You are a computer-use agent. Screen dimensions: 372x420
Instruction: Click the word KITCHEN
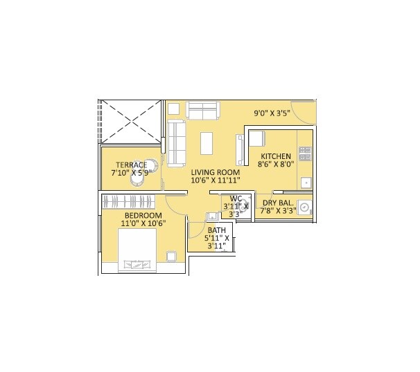[x=276, y=157]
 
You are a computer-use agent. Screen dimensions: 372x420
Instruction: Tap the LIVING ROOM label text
[x=216, y=172]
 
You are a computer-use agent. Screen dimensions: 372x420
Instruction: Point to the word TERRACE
[x=131, y=165]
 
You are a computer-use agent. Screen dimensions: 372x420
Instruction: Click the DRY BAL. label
[x=279, y=203]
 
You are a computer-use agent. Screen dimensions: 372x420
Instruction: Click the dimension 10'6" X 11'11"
[x=216, y=181]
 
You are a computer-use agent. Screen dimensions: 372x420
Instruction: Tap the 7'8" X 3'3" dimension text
[x=279, y=211]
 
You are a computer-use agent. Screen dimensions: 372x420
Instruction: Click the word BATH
[x=216, y=230]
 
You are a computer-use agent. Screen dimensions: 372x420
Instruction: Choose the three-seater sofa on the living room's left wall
[x=177, y=140]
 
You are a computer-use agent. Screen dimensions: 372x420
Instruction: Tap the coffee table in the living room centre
[x=207, y=142]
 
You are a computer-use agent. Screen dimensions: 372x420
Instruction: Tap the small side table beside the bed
[x=172, y=257]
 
